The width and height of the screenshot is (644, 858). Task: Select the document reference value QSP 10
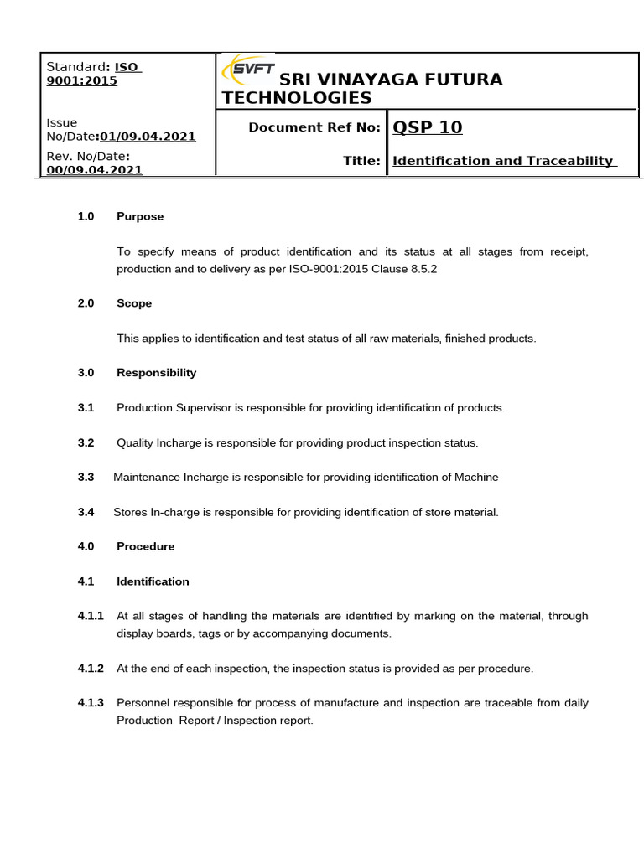[x=427, y=127]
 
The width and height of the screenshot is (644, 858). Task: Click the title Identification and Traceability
[x=503, y=161]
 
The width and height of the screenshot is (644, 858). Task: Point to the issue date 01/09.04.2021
[x=148, y=136]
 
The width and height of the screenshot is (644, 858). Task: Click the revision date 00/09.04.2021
[x=94, y=169]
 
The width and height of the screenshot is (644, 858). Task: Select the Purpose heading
[x=140, y=216]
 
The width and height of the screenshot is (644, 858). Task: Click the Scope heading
[x=134, y=303]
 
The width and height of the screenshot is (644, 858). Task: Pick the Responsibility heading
[x=156, y=372]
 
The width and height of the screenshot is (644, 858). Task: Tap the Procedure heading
[x=145, y=546]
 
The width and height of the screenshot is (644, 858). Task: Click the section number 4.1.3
[x=90, y=702]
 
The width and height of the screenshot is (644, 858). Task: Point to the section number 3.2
[x=86, y=442]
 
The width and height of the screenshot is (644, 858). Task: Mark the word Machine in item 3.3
[x=476, y=477]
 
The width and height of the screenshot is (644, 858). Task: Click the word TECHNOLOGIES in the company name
[x=296, y=98]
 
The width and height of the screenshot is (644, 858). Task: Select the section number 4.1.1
[x=90, y=616]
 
